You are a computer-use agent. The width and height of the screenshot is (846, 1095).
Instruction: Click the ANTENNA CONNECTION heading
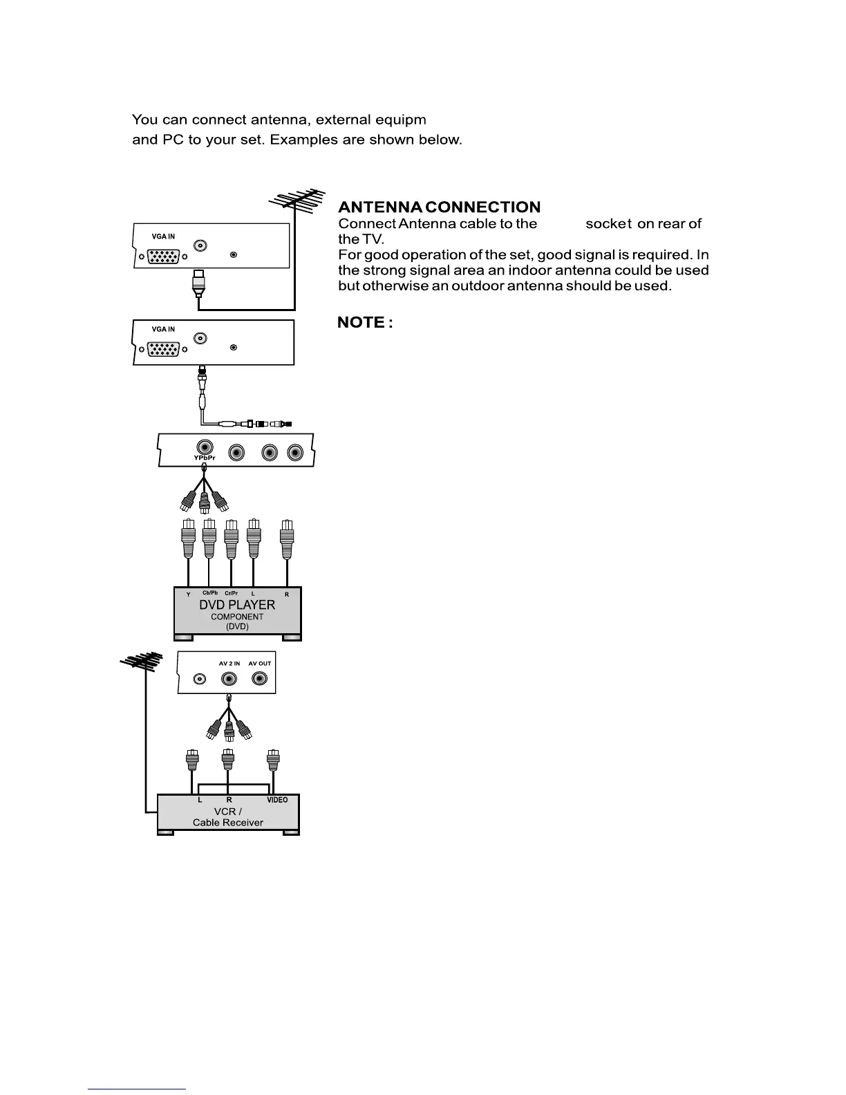439,207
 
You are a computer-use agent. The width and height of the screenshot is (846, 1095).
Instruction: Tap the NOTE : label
365,323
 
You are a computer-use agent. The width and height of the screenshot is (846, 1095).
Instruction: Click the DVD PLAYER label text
237,605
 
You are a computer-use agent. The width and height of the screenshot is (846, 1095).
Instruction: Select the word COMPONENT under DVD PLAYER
237,617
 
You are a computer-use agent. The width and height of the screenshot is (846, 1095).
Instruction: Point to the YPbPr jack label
204,458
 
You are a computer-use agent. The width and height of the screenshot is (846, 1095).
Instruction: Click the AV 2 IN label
229,664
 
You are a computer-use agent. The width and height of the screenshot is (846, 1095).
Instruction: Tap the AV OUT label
260,664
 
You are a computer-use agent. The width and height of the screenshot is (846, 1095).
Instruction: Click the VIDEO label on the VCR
277,800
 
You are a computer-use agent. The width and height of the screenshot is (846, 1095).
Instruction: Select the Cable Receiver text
228,823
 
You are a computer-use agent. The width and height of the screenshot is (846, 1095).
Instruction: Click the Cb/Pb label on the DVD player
210,593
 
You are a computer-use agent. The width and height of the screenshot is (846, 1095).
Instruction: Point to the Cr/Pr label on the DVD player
232,593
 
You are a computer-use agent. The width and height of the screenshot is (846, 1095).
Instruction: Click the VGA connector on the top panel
163,256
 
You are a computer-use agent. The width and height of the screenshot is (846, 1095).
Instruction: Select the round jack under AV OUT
260,679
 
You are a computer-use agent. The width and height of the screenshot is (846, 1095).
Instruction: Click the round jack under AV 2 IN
229,679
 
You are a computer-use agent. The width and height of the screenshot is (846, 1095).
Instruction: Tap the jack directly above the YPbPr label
205,447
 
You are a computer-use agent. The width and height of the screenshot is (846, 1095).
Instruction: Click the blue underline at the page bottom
137,1089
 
